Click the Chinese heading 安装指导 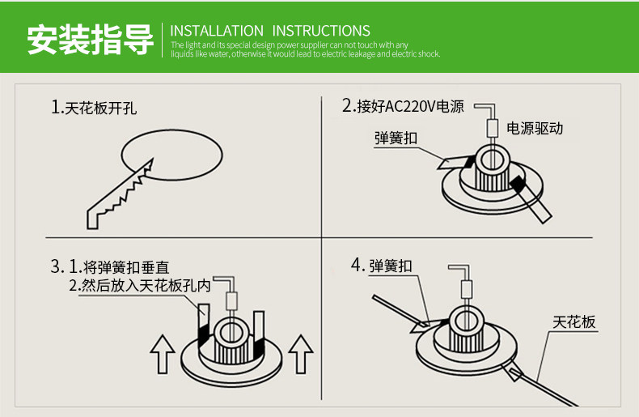[x=90, y=39]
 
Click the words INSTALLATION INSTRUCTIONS [x=271, y=31]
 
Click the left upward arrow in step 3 [x=163, y=355]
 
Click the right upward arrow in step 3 [x=300, y=355]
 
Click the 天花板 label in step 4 [x=574, y=322]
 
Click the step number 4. [x=356, y=265]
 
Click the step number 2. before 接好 [x=349, y=106]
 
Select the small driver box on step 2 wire [x=491, y=128]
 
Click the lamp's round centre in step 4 [x=466, y=320]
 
